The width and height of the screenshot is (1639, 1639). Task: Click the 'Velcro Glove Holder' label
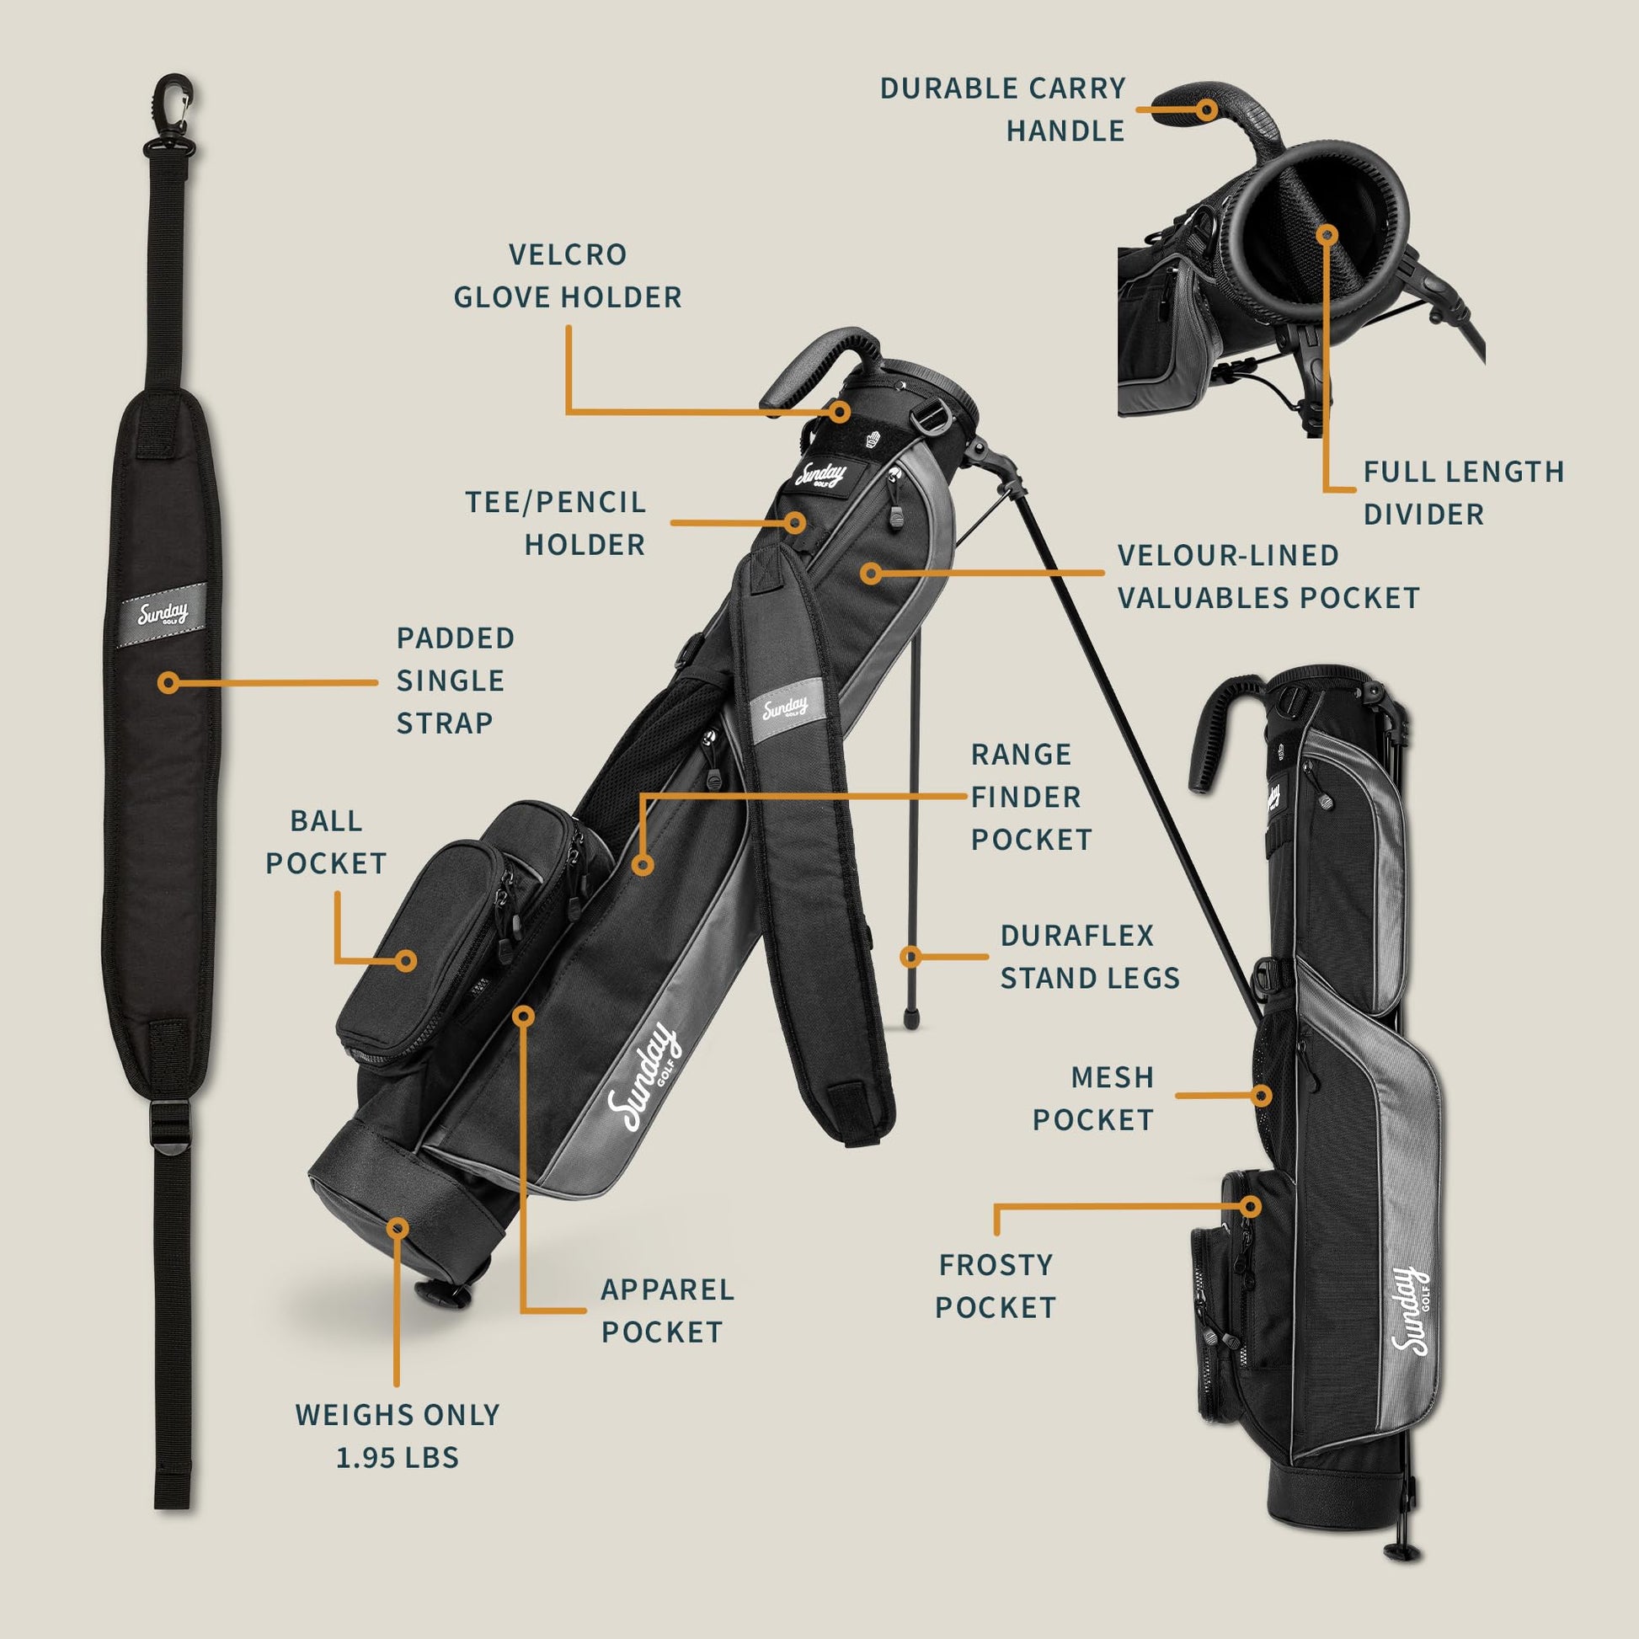point(567,275)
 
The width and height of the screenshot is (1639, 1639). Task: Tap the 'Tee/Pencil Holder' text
point(557,522)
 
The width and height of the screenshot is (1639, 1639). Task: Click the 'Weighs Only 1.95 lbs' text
point(397,1435)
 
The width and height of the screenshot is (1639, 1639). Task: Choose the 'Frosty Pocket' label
point(996,1286)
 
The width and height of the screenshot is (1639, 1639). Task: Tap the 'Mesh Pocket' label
point(1093,1098)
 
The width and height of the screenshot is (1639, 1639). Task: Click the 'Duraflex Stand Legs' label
point(1089,956)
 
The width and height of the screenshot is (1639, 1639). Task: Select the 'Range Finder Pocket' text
point(1031,797)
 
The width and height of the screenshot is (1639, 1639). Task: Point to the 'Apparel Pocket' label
point(667,1311)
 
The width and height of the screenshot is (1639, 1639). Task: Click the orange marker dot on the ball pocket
point(406,960)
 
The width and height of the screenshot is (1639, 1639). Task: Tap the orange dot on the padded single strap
point(168,682)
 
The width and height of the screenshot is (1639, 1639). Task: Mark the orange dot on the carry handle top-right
point(1207,109)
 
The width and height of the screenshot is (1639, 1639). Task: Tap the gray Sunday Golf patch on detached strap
point(162,613)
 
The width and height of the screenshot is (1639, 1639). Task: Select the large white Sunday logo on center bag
point(640,1079)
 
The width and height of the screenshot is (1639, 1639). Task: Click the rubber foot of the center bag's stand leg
point(911,1017)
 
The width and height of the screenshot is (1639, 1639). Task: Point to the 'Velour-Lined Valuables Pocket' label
point(1268,576)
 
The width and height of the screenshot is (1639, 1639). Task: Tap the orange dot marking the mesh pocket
point(1262,1095)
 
